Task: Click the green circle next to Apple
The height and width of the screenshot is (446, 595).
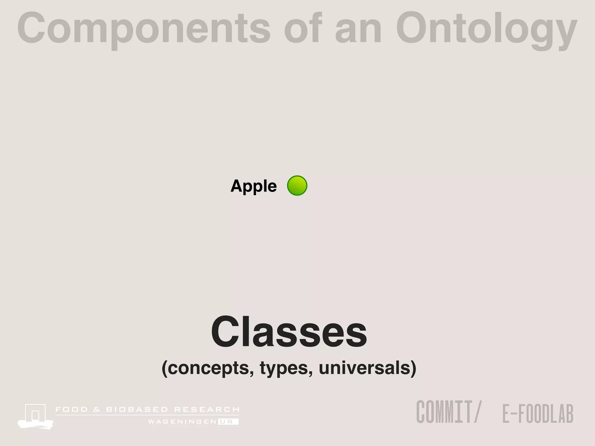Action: (x=297, y=186)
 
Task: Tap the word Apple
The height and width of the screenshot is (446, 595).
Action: (x=253, y=186)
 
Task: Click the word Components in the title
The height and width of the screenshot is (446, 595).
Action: (x=144, y=29)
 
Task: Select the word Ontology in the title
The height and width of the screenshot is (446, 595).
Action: (x=486, y=29)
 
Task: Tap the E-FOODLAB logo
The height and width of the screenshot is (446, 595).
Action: (x=538, y=413)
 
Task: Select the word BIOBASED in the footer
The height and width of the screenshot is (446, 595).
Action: (x=137, y=410)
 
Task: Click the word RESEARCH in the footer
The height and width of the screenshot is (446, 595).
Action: (x=207, y=410)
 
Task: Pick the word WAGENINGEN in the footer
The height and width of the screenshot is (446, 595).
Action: (x=182, y=422)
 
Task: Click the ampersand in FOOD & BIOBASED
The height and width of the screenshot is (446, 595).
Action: (x=97, y=410)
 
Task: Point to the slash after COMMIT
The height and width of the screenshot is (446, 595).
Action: (x=477, y=412)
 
